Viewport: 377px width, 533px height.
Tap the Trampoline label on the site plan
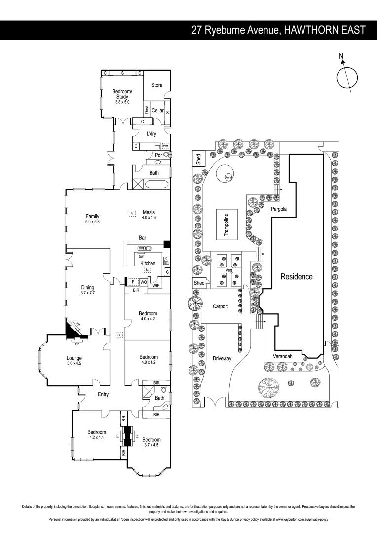pyautogui.click(x=226, y=225)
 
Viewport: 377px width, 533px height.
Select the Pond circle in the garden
pyautogui.click(x=228, y=177)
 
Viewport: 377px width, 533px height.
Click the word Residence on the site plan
pyautogui.click(x=297, y=277)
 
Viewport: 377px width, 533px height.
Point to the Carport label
pyautogui.click(x=220, y=306)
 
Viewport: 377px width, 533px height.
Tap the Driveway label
pyautogui.click(x=222, y=358)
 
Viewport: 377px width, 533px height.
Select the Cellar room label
pyautogui.click(x=157, y=110)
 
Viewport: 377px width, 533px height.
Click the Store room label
pyautogui.click(x=157, y=85)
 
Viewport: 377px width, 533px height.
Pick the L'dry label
pyautogui.click(x=151, y=134)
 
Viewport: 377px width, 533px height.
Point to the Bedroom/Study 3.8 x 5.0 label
pyautogui.click(x=122, y=96)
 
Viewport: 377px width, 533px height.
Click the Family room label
pyautogui.click(x=92, y=219)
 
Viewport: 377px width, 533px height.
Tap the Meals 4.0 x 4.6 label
pyautogui.click(x=149, y=215)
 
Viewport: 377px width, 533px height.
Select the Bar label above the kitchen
pyautogui.click(x=143, y=238)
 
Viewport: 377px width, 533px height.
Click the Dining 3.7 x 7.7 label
pyautogui.click(x=88, y=290)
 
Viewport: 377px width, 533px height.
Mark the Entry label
pyautogui.click(x=103, y=394)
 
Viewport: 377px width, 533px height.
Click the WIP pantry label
pyautogui.click(x=156, y=285)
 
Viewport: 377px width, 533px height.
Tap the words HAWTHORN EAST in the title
pyautogui.click(x=325, y=30)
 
